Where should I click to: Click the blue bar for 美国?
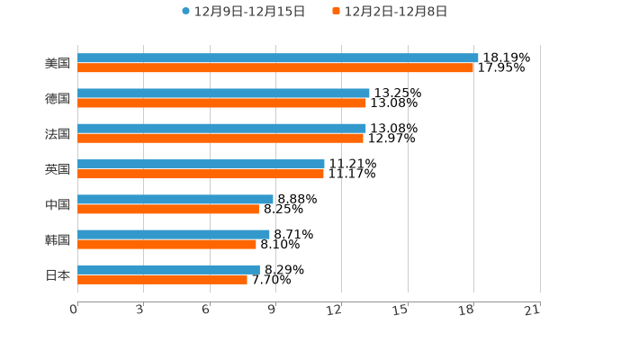pyautogui.click(x=277, y=58)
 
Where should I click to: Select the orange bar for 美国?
pyautogui.click(x=275, y=68)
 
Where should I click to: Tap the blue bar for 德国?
pyautogui.click(x=223, y=94)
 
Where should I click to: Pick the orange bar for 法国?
pyautogui.click(x=220, y=139)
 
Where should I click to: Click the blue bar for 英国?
pyautogui.click(x=201, y=164)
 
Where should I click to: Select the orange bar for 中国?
pyautogui.click(x=168, y=210)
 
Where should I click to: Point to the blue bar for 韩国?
pyautogui.click(x=174, y=234)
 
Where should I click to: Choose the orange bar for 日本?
pyautogui.click(x=162, y=280)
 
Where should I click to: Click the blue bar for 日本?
pyautogui.click(x=168, y=269)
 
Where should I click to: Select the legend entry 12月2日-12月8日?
pyautogui.click(x=395, y=12)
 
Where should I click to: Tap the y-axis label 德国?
pyautogui.click(x=58, y=98)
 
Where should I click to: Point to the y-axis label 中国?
pyautogui.click(x=58, y=204)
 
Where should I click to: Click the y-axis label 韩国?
pyautogui.click(x=58, y=239)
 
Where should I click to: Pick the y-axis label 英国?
pyautogui.click(x=58, y=169)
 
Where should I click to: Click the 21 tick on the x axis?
pyautogui.click(x=532, y=310)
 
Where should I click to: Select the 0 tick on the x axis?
pyautogui.click(x=75, y=310)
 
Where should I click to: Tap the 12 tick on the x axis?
pyautogui.click(x=334, y=310)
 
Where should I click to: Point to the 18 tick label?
pyautogui.click(x=466, y=310)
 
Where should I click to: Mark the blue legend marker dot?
pyautogui.click(x=186, y=12)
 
